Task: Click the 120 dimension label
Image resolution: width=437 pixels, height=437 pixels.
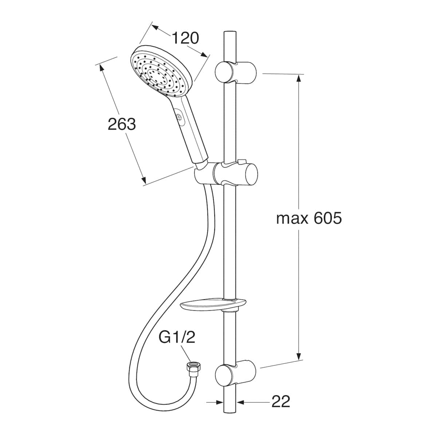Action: tap(185, 38)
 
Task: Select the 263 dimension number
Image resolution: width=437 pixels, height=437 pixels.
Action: tap(122, 124)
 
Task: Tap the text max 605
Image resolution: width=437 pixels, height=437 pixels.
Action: tap(309, 219)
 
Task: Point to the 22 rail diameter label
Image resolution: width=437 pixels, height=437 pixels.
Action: tap(280, 401)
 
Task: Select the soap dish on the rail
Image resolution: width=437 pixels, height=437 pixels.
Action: tap(213, 306)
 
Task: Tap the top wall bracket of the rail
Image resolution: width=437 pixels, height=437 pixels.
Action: tap(235, 72)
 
